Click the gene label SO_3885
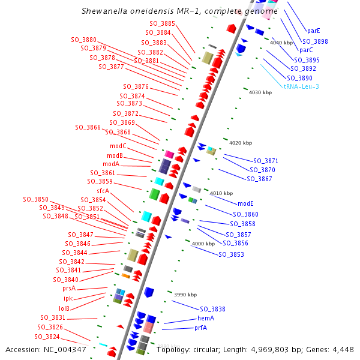coord(162,23)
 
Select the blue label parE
coord(313,30)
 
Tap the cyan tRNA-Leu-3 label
coord(301,86)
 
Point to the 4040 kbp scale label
coord(281,43)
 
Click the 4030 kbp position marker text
coord(260,92)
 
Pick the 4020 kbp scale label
coord(241,143)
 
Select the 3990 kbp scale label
coord(185,295)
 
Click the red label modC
coord(118,146)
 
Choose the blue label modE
coord(245,204)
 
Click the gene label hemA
coord(206,318)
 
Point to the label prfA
coord(200,328)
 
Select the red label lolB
coord(64,308)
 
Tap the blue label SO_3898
coord(315,41)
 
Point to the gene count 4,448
coord(343,349)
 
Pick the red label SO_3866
coord(88,127)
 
